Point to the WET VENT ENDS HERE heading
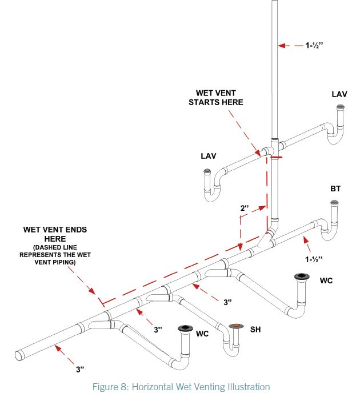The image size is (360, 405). coord(55,234)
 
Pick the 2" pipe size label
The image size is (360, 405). coord(245,209)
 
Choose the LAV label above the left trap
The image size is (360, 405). coord(209,155)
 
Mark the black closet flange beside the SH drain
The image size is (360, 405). coord(186,327)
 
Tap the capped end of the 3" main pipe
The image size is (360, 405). coord(19,355)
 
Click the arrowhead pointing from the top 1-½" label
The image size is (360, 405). coord(280,45)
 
